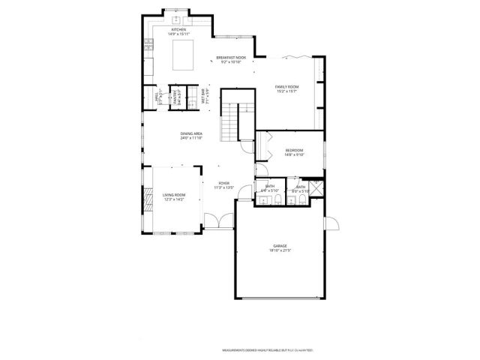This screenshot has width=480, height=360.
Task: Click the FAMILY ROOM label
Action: pos(288,87)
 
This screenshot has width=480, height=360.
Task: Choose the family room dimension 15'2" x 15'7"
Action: pos(288,91)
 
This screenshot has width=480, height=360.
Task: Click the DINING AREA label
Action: pos(192,133)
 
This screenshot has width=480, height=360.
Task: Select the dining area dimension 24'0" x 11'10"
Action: pos(192,138)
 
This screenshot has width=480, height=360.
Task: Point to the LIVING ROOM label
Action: pos(174,195)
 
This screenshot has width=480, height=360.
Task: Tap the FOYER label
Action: pos(223,183)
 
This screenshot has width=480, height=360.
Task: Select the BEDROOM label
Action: pos(294,151)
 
